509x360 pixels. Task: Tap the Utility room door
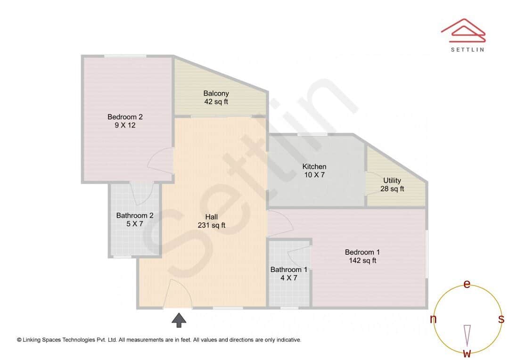coord(373,183)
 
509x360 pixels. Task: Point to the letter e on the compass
coord(467,284)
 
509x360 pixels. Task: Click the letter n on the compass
coord(433,319)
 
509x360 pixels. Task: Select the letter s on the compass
coord(501,319)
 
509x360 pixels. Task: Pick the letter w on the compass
coord(467,353)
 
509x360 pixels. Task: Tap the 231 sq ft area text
coord(212,225)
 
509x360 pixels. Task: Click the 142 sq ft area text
coord(362,261)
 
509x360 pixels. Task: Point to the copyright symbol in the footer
coord(19,340)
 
